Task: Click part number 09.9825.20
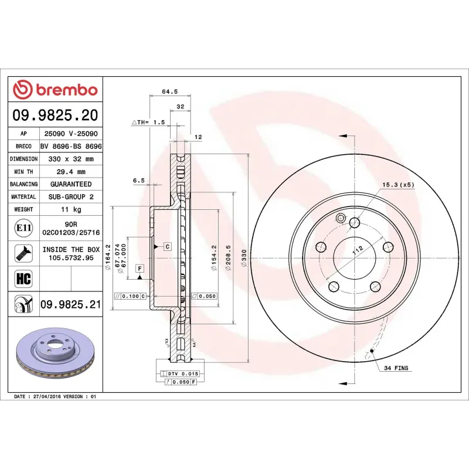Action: click(x=55, y=115)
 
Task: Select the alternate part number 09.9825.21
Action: click(x=71, y=305)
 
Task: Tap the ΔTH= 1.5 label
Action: click(x=149, y=123)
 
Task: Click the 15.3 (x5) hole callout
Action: click(x=398, y=185)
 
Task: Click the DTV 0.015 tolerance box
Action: click(x=183, y=373)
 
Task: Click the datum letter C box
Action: click(x=167, y=247)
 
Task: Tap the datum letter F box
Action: click(x=140, y=269)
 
